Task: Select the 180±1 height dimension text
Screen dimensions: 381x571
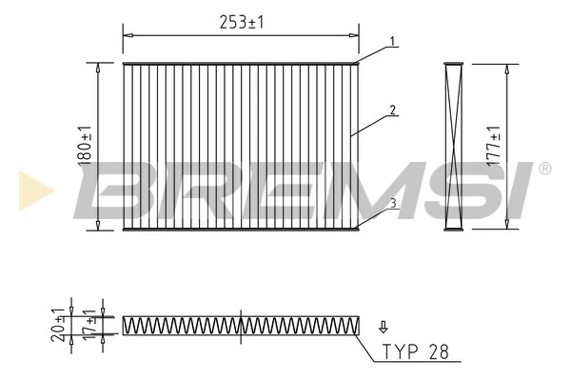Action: [x=85, y=146]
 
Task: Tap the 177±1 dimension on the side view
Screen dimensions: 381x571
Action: [x=492, y=146]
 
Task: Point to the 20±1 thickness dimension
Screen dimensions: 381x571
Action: [x=60, y=324]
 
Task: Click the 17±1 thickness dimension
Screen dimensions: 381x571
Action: [x=90, y=325]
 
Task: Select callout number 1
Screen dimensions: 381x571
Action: [x=390, y=43]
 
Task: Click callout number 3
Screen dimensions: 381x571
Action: [x=392, y=202]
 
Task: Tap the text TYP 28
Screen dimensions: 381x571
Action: [x=415, y=351]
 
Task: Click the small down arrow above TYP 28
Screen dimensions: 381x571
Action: [x=384, y=325]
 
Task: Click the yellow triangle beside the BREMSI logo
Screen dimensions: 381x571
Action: [x=34, y=189]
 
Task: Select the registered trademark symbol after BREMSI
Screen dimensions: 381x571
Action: [x=544, y=169]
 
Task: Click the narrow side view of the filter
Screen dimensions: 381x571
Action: [x=455, y=146]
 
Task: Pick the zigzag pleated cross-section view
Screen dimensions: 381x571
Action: [x=241, y=325]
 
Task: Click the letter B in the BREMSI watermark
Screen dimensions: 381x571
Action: [x=119, y=189]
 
